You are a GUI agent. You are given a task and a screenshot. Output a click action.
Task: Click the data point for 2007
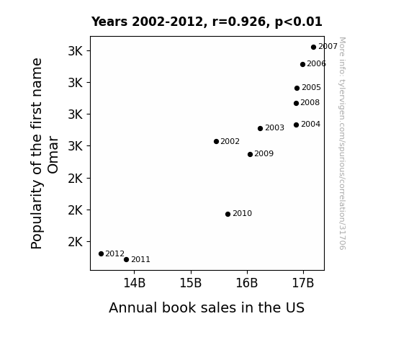[x=313, y=48]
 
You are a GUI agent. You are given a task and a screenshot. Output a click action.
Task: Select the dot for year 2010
[x=228, y=215]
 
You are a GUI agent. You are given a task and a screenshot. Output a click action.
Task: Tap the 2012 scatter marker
[x=101, y=254]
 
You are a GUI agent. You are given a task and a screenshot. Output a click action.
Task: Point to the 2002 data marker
[x=216, y=142]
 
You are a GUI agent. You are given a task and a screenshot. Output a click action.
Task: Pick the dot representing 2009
[x=250, y=154]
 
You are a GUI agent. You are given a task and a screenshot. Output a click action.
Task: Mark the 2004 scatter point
[x=296, y=125]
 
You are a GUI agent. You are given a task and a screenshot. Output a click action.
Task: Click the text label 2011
[x=140, y=260]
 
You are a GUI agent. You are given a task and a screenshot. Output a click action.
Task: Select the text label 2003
[x=274, y=128]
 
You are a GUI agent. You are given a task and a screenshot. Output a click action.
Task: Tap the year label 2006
[x=316, y=63]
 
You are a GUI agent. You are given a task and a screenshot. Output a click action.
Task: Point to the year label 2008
[x=310, y=102]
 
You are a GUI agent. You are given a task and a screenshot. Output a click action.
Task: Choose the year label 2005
[x=311, y=87]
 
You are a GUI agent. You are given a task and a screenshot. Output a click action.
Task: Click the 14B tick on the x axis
[x=135, y=283]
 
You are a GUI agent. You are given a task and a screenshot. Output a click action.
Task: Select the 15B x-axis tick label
[x=191, y=283]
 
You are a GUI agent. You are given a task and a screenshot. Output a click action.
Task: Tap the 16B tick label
[x=247, y=283]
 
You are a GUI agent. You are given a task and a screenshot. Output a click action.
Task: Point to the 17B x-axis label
[x=303, y=283]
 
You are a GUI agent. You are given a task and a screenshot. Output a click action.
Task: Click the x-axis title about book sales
[x=207, y=307]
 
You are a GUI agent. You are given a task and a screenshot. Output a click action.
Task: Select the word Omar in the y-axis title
[x=53, y=155]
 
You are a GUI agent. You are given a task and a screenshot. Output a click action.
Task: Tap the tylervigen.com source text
[x=342, y=143]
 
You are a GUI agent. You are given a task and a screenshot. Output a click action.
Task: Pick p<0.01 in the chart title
[x=299, y=22]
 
